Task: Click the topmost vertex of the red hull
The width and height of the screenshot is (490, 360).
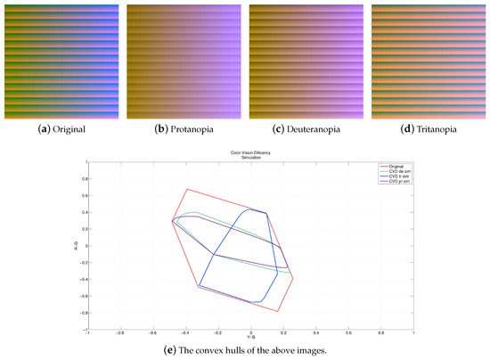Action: click(x=185, y=189)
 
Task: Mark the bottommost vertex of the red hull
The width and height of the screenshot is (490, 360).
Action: click(x=279, y=310)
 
